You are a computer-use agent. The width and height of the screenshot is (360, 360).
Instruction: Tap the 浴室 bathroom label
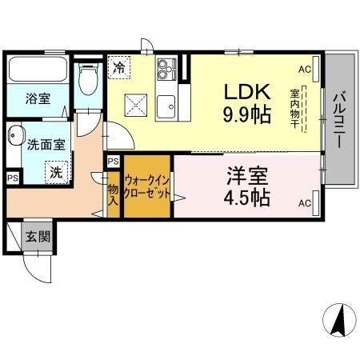[x=37, y=98]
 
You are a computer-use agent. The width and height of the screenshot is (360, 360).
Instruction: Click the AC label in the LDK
[x=304, y=70]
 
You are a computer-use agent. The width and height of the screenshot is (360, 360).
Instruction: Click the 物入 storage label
[x=113, y=196]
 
